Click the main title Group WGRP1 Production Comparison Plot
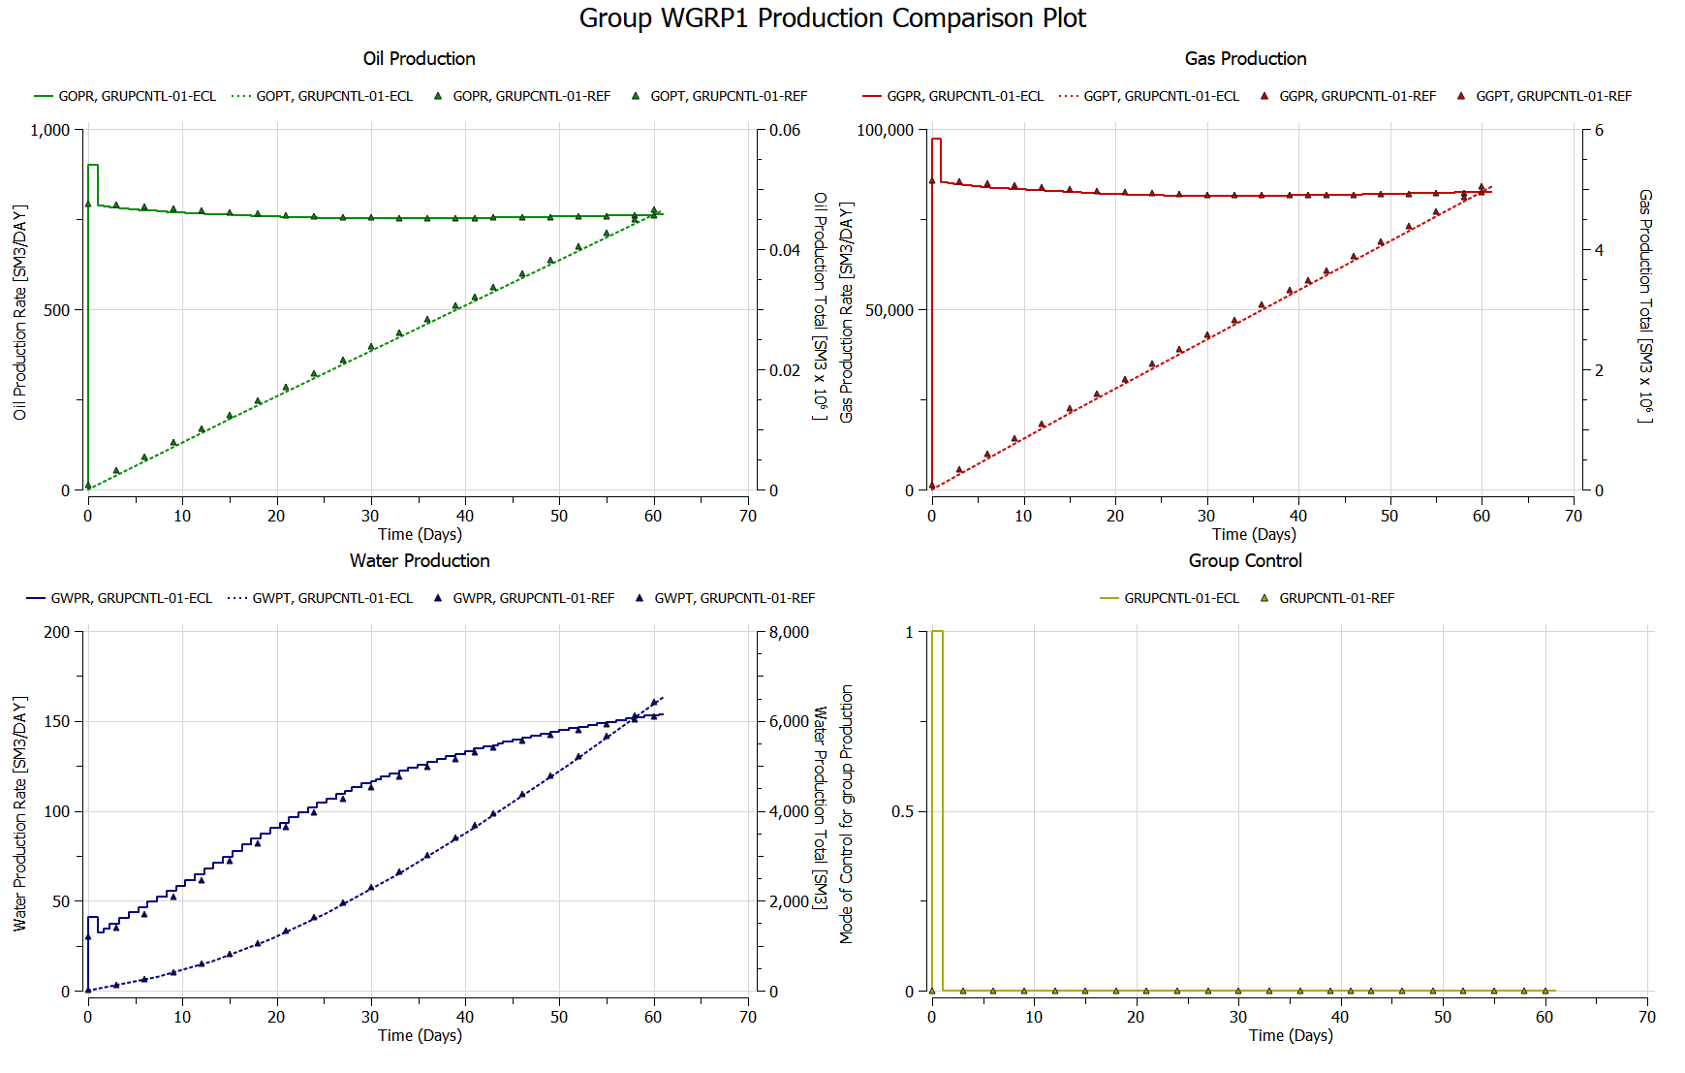[832, 18]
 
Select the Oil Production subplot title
[419, 59]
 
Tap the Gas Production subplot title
[1245, 59]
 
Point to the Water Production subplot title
[420, 561]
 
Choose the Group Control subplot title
[1245, 561]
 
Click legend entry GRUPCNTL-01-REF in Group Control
[1336, 599]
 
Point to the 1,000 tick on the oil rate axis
[50, 131]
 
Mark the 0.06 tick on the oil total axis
[785, 131]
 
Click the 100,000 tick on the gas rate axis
[885, 131]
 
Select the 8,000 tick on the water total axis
[789, 633]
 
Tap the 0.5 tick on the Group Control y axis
[902, 812]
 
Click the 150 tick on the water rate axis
[57, 722]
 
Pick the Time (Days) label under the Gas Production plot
[1253, 535]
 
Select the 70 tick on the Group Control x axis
[1646, 1018]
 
